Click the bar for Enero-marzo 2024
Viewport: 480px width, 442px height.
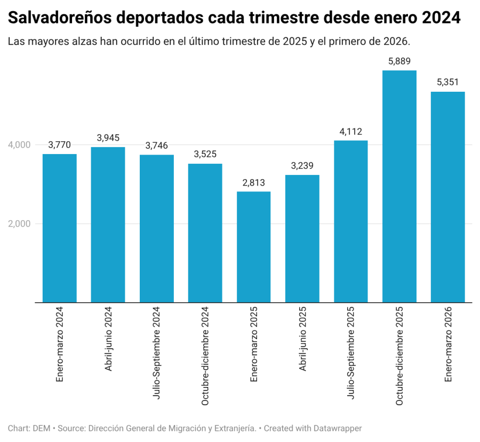coord(59,228)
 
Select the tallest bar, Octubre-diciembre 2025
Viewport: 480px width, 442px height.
coord(399,187)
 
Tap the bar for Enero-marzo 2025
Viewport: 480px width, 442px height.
coord(253,247)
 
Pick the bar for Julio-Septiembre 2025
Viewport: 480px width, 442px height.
coord(351,221)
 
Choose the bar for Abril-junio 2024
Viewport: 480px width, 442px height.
coord(108,224)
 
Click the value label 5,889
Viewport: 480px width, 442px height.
coord(399,61)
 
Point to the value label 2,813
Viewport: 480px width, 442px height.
coord(253,183)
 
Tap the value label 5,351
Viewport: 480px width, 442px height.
coord(447,82)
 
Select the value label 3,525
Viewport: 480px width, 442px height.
coord(205,154)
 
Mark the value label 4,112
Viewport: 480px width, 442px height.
coord(351,132)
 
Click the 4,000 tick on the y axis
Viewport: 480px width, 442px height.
coord(19,145)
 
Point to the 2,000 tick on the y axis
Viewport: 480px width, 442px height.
coord(19,224)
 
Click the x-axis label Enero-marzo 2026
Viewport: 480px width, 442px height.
coord(448,344)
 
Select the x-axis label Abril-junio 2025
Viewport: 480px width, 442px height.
coord(302,339)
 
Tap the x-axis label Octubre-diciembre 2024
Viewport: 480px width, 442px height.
coord(205,356)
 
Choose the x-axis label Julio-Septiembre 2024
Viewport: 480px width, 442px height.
coord(156,353)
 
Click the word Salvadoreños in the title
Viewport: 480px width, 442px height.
coord(60,18)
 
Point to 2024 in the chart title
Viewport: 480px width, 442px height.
coord(441,18)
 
